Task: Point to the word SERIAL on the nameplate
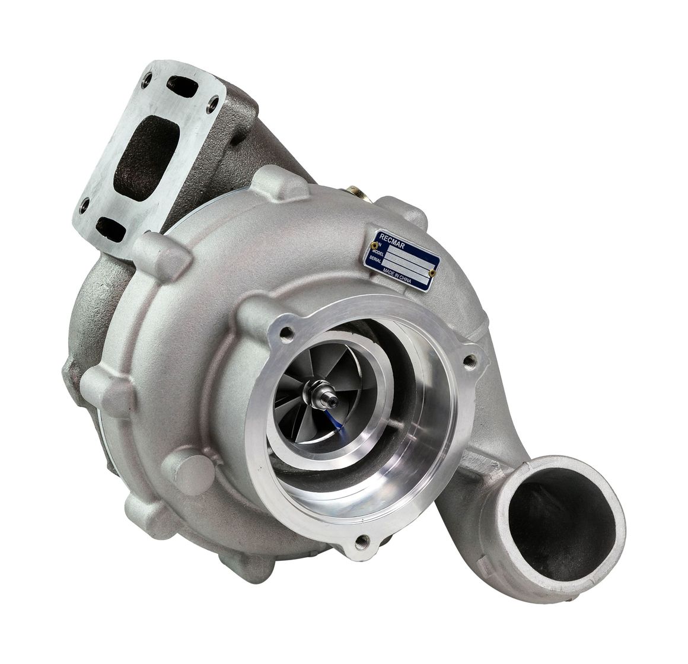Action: coord(375,259)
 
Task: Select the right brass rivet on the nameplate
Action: coord(432,272)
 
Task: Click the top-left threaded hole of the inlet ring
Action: coord(288,334)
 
